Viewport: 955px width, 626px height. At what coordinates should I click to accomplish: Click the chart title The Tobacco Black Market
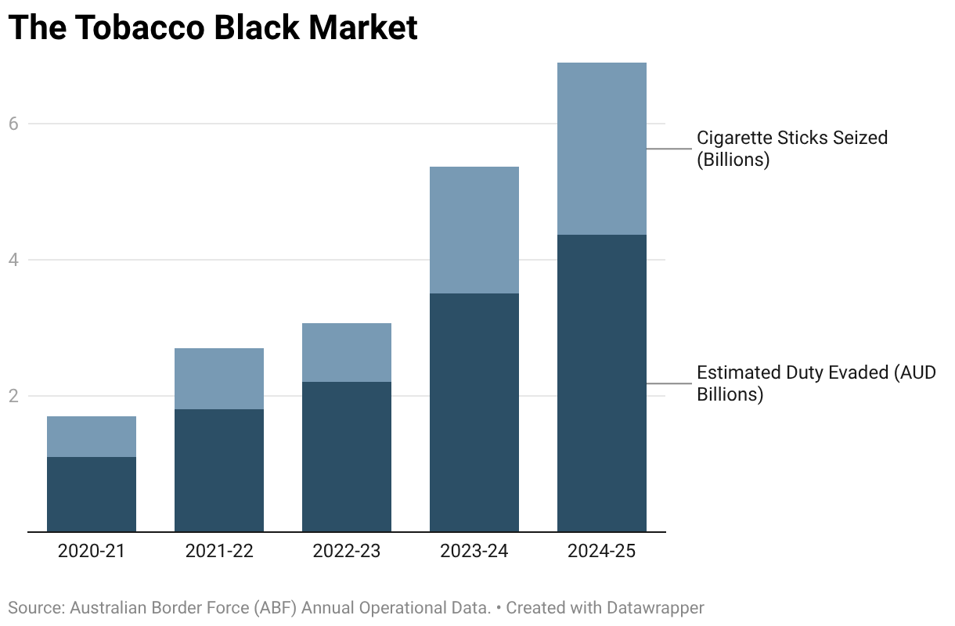pos(213,28)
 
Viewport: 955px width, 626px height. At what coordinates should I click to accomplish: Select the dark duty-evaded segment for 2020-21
pos(92,494)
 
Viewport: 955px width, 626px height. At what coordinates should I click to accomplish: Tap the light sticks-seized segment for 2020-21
pos(92,436)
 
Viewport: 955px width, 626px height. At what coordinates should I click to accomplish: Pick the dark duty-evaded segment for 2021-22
pos(219,469)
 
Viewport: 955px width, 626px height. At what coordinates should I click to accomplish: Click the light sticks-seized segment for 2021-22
pos(219,379)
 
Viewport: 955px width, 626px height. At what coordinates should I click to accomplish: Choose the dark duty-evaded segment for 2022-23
pos(347,456)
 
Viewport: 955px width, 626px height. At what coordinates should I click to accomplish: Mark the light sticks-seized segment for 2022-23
pos(347,352)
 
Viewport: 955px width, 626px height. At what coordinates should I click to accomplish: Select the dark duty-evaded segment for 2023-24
pos(474,412)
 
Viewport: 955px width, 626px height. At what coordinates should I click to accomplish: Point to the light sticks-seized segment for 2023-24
pos(474,230)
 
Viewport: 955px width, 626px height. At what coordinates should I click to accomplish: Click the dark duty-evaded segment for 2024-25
pos(602,383)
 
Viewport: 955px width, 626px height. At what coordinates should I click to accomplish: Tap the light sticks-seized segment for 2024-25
pos(602,149)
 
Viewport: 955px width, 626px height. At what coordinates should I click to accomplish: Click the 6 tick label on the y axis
pos(13,124)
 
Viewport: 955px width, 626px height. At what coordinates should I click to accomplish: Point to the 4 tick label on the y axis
pos(13,260)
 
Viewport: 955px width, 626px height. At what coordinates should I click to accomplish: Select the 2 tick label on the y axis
pos(13,396)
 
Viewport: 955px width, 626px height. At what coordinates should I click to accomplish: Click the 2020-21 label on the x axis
pos(92,551)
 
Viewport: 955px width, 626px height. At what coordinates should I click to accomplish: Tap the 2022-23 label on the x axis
pos(347,551)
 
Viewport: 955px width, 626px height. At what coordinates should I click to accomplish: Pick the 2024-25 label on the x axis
pos(602,551)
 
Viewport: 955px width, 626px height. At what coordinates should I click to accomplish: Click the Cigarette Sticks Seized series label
pos(792,149)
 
